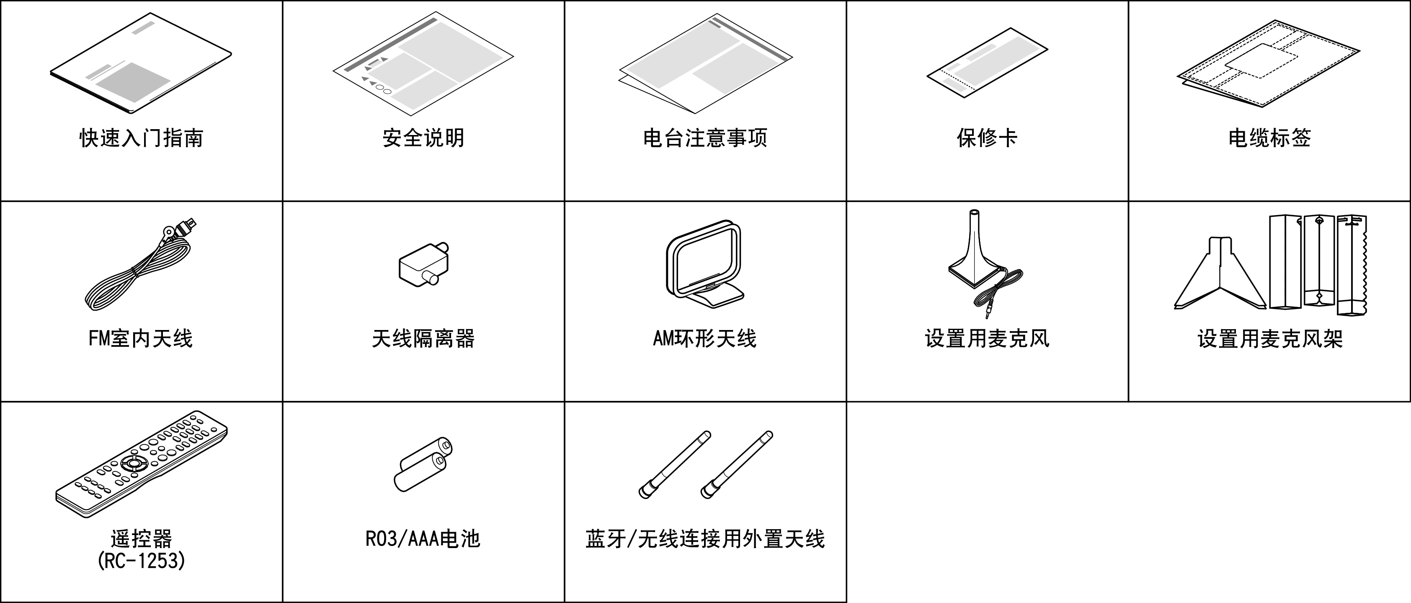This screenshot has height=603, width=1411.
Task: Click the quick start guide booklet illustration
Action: point(141,63)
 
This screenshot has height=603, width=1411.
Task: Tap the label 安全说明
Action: point(423,138)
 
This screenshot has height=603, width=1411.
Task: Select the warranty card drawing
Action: point(987,63)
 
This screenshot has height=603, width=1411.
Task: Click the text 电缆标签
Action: point(1269,138)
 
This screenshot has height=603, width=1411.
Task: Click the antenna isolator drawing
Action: point(423,264)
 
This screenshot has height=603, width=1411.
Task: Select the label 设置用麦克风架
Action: point(1270,339)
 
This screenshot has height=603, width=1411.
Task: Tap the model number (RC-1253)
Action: point(141,561)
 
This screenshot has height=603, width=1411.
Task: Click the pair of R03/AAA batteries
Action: point(423,464)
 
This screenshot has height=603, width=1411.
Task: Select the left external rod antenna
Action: point(675,464)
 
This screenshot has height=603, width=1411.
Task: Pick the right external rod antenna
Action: point(737,464)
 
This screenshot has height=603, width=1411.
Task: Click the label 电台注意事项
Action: point(705,138)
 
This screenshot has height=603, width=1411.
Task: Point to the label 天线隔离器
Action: point(423,339)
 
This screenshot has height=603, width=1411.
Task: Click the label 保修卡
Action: point(987,138)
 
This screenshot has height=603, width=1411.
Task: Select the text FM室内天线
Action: point(141,339)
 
